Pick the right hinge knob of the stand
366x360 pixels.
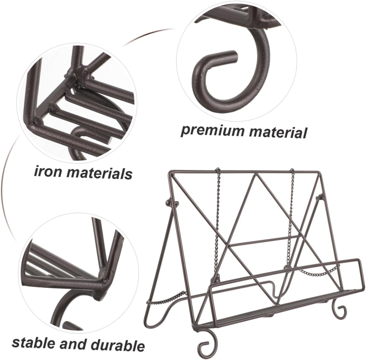(319, 198)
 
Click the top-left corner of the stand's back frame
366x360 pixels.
(169, 172)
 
